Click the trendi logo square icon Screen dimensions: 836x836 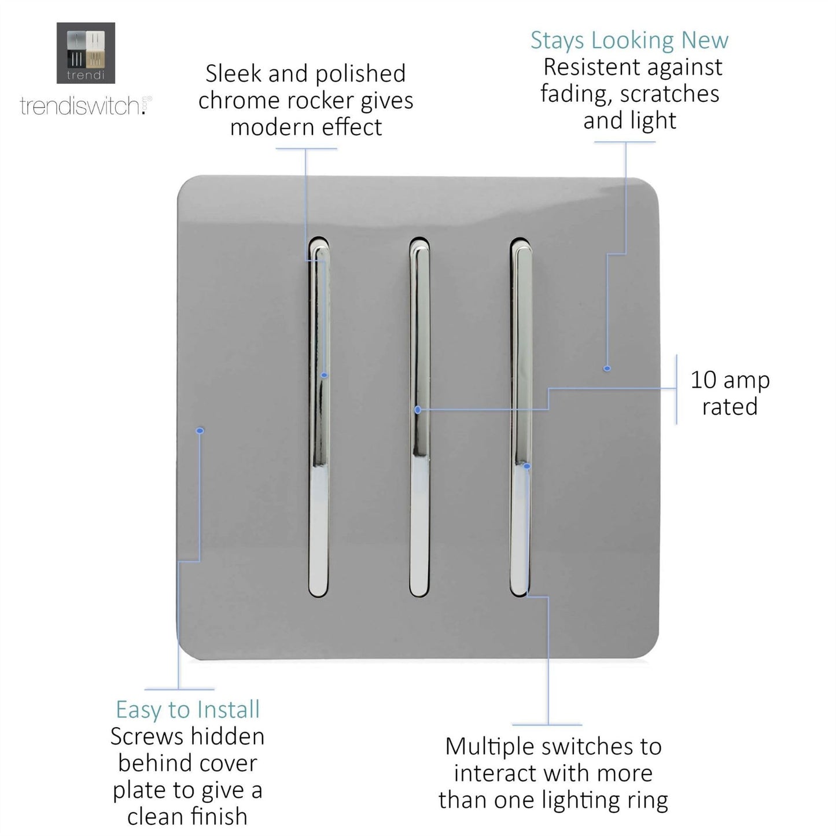(x=86, y=53)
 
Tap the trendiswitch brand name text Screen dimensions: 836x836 (x=81, y=106)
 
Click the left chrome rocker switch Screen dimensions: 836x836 (x=319, y=417)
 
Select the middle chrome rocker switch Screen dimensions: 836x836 (x=419, y=417)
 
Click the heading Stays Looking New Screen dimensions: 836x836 (x=629, y=40)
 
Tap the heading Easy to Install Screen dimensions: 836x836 (x=187, y=709)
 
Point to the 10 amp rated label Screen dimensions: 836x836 (x=730, y=393)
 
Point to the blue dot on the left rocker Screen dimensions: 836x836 (x=325, y=375)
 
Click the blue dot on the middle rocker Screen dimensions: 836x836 (x=418, y=410)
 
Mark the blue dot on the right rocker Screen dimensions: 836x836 (x=526, y=465)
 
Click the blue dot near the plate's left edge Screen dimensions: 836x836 (x=200, y=430)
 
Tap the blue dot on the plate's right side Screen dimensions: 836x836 (x=607, y=368)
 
